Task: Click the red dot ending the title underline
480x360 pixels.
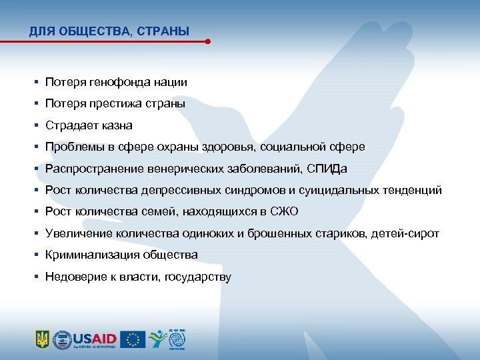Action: tap(208, 41)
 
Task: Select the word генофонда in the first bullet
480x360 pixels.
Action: tap(122, 83)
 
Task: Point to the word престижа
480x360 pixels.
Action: tap(122, 104)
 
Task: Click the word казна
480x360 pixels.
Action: tap(117, 125)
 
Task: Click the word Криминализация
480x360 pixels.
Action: tap(88, 255)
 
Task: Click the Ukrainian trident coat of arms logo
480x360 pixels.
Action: tap(42, 339)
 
